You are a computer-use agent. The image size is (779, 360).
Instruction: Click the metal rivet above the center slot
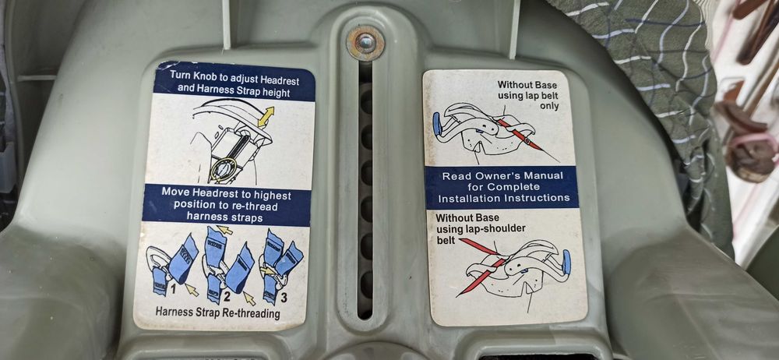365,43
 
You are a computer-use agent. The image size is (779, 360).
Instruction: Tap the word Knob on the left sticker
209,76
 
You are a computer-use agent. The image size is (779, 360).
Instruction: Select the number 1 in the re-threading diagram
174,288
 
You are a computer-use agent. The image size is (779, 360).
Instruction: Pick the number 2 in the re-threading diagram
227,297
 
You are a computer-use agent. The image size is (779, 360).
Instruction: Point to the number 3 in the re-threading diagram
284,298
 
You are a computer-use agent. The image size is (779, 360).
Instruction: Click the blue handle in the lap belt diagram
437,124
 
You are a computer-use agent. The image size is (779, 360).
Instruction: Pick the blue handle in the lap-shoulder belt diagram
566,262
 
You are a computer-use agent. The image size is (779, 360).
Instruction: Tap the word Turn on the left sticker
181,76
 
